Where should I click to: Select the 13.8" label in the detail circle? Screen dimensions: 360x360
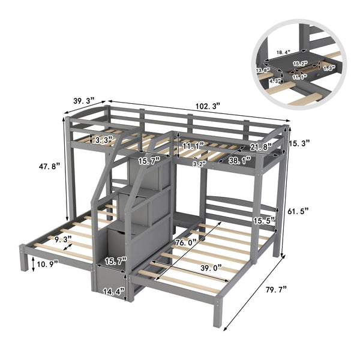262,70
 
